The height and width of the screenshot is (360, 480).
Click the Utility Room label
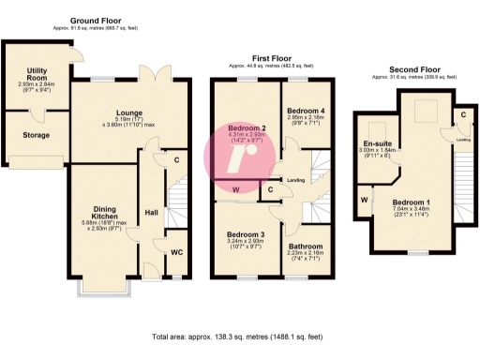[x=37, y=70]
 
